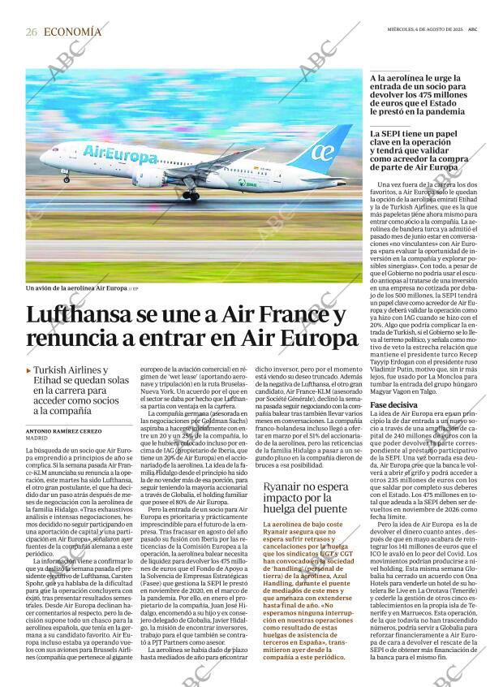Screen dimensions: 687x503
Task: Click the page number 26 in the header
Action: click(x=32, y=32)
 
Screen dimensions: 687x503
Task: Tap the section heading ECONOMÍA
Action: click(x=73, y=32)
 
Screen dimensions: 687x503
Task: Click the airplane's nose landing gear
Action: click(x=66, y=177)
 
